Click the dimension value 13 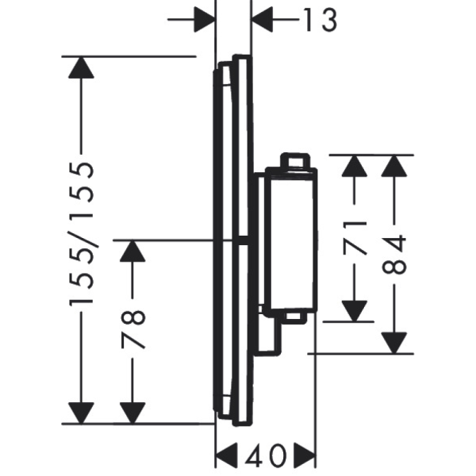coord(321,20)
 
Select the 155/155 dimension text coord(82,234)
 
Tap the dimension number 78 coord(133,329)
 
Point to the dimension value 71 coord(355,238)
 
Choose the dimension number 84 coord(394,254)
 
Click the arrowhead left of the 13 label coord(263,19)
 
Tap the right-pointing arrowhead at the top coord(205,19)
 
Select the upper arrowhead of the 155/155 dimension coord(81,67)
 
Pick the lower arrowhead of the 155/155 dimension coord(81,413)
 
